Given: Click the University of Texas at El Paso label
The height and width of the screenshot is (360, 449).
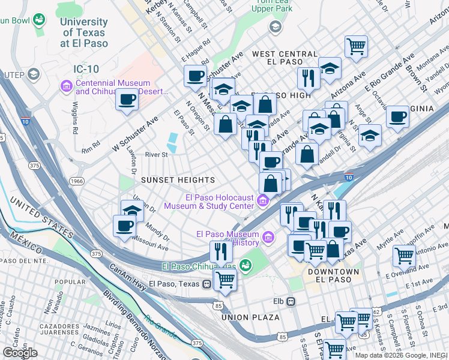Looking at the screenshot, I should (84, 32).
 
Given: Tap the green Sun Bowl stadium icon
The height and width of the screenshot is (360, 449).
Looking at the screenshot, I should (39, 20).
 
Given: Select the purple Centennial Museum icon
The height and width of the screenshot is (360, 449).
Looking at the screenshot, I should (66, 87).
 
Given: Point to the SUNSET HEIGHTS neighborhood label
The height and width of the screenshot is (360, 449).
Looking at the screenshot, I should (178, 180).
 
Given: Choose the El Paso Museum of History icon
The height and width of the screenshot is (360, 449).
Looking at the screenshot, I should (268, 238).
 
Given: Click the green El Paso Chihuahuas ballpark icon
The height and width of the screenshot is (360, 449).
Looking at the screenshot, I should (245, 265).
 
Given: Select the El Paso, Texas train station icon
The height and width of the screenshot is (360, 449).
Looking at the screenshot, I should (206, 283).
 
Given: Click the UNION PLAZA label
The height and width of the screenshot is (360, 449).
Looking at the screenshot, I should (250, 317).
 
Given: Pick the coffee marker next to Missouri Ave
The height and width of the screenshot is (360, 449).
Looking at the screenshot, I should (125, 226).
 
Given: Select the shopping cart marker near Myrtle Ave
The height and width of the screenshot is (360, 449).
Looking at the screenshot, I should (404, 255).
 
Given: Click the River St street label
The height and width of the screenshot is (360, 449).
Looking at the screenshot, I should (156, 155).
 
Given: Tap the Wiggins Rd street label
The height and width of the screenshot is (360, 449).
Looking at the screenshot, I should (76, 119).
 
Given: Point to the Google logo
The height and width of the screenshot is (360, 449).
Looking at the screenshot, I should (20, 353).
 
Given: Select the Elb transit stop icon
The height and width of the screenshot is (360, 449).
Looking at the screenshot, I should (291, 301).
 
